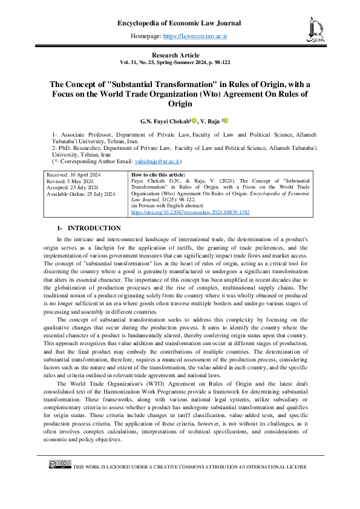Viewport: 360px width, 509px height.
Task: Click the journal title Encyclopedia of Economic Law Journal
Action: (x=179, y=24)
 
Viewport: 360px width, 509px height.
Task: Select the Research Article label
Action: (x=179, y=55)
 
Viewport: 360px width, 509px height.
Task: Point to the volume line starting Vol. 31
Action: (x=179, y=62)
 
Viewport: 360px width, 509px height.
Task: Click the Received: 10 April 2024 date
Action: (x=74, y=174)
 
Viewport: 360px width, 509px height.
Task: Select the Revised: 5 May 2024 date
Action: (x=71, y=180)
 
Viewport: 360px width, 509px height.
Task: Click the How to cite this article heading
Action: (x=159, y=174)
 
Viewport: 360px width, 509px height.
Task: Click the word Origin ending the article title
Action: (x=179, y=104)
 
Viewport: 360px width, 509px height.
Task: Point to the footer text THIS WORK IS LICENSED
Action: (x=189, y=467)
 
